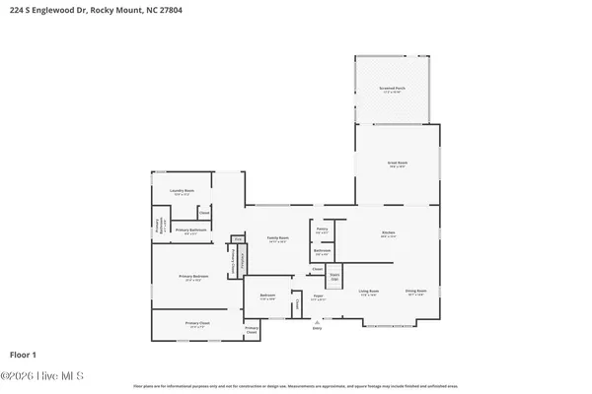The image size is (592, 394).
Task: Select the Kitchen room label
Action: coord(388,233)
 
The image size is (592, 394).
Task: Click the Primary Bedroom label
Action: coord(193,277)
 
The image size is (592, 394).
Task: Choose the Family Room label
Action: coord(277,238)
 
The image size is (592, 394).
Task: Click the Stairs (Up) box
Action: coord(334,277)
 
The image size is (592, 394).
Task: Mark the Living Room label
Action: coord(369,292)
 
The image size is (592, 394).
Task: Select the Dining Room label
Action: coord(415,292)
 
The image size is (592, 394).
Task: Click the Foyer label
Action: coord(318,295)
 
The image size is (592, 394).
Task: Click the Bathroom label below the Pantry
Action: coord(322,251)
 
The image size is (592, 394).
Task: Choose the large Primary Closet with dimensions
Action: coord(197,323)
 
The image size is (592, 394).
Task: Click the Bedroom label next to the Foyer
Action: coord(267,295)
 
